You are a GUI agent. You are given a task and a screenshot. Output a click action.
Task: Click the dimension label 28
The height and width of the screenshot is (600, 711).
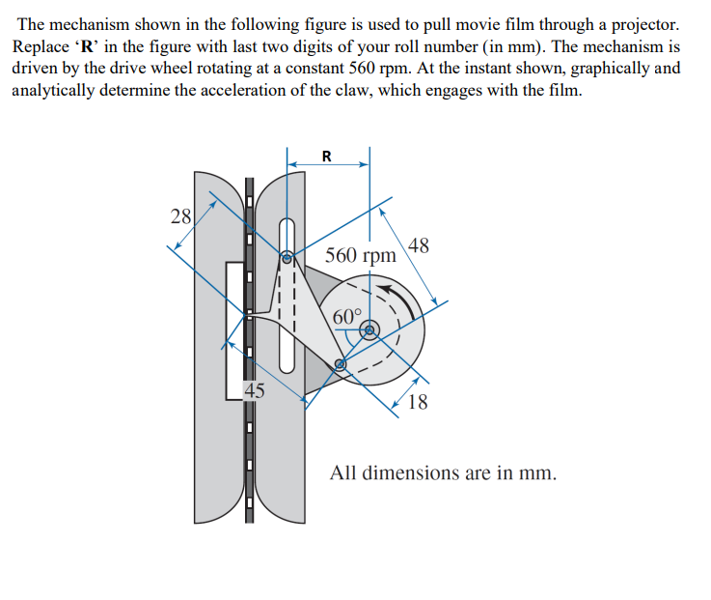180,215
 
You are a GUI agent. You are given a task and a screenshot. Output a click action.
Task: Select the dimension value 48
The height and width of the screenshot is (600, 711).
420,245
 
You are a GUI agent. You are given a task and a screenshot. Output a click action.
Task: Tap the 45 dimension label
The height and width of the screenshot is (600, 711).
254,391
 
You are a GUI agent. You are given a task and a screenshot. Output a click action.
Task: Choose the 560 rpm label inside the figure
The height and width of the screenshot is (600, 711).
360,256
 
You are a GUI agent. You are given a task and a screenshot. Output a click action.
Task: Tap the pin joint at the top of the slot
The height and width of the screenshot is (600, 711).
287,258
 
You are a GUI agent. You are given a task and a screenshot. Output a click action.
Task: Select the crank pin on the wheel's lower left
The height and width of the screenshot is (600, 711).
340,364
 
